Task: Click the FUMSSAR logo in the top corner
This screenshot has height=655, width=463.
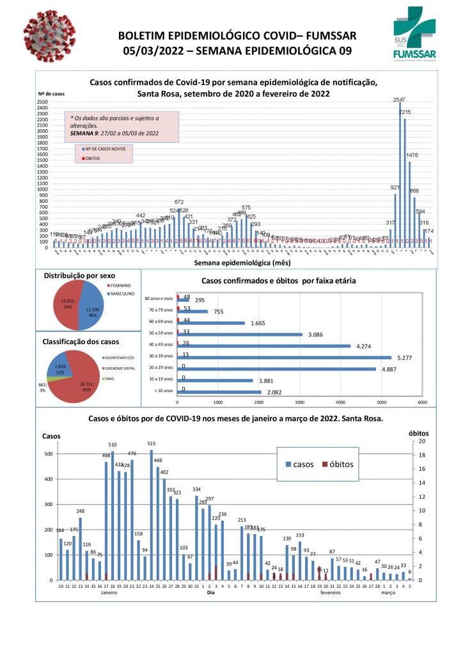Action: point(416,35)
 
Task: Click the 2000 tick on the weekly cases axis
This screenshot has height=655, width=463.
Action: point(42,137)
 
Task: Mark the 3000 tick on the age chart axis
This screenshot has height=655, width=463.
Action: point(299,402)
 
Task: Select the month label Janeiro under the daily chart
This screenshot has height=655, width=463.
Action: point(109,593)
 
